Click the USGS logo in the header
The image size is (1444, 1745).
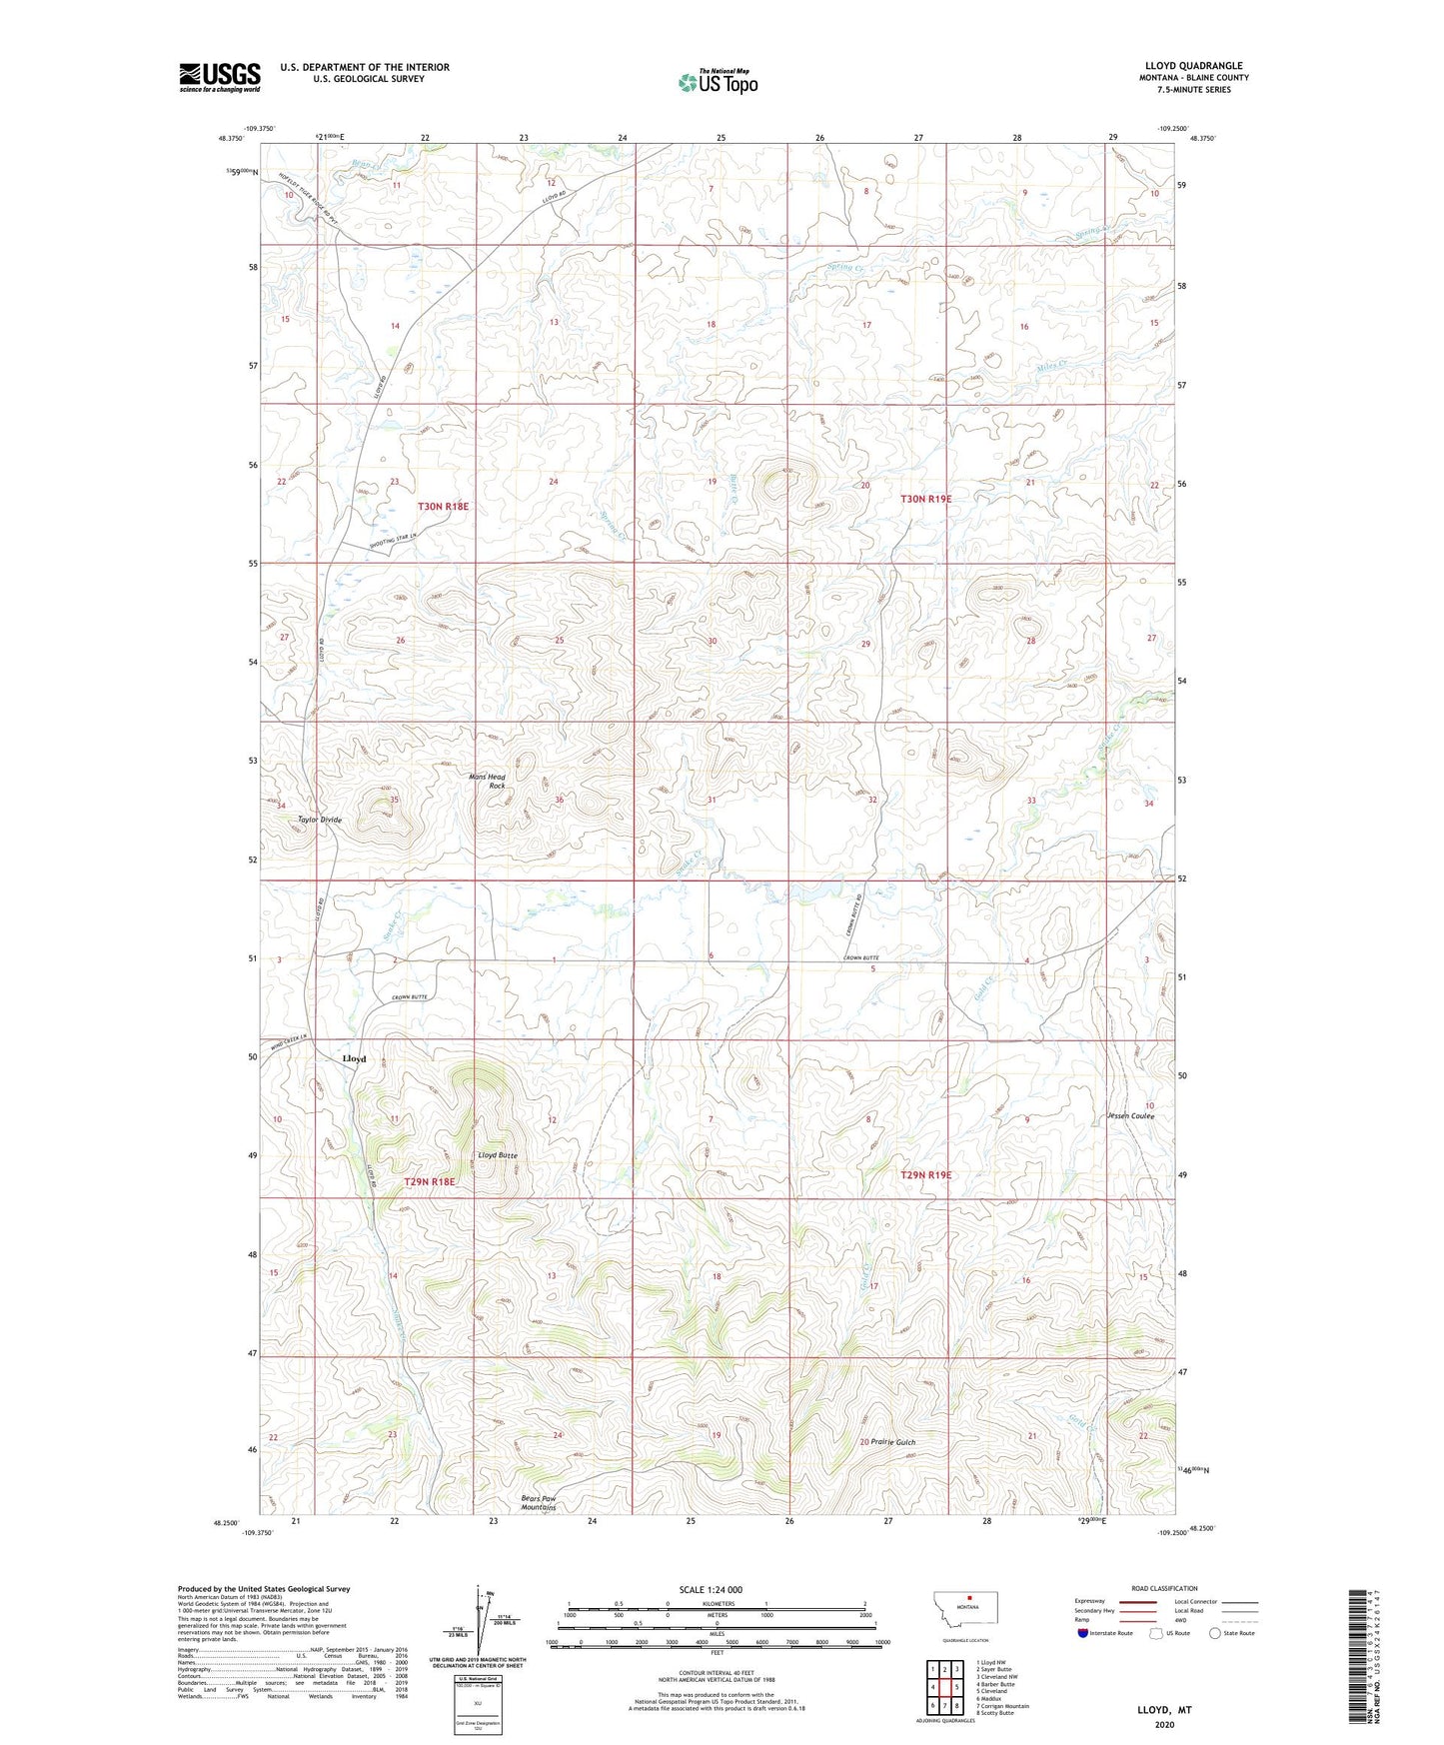tap(220, 77)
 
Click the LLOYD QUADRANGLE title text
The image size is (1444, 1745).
tap(1193, 66)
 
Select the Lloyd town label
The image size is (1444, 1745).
tap(354, 1058)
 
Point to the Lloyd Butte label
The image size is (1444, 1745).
tap(497, 1155)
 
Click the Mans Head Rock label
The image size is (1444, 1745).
tap(488, 782)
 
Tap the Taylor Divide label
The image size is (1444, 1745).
tap(320, 820)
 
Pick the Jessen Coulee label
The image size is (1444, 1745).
tap(1130, 1115)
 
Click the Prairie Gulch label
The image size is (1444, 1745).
tap(892, 1442)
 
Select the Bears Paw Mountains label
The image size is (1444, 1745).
tap(538, 1502)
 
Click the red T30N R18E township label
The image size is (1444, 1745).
tap(443, 507)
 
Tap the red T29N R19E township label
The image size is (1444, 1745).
tap(925, 1175)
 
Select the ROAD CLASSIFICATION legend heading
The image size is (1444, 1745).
tap(1164, 1588)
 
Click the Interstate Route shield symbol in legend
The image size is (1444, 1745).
tap(1083, 1633)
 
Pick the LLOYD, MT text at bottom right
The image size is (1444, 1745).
tap(1164, 1710)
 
